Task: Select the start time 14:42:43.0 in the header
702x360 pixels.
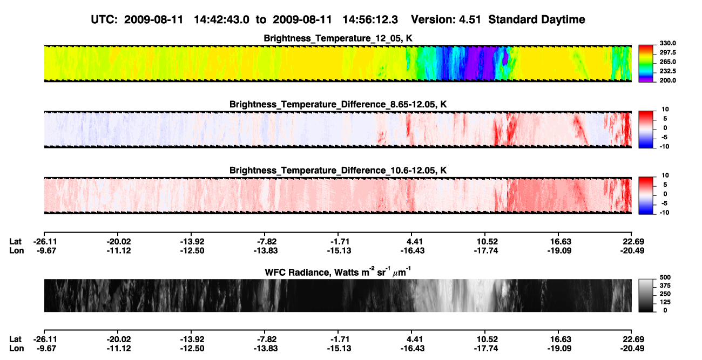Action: pyautogui.click(x=221, y=19)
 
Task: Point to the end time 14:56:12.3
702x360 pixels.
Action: pyautogui.click(x=370, y=19)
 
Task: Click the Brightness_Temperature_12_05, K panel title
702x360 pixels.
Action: pyautogui.click(x=338, y=38)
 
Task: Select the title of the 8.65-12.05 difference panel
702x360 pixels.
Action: pyautogui.click(x=338, y=104)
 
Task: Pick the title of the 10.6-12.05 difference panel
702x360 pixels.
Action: pyautogui.click(x=338, y=171)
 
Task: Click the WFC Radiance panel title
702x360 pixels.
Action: pyautogui.click(x=338, y=271)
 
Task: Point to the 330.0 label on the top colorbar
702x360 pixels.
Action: pyautogui.click(x=667, y=43)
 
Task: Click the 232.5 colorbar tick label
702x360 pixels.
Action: pyautogui.click(x=667, y=71)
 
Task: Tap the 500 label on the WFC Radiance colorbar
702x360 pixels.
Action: pyautogui.click(x=665, y=277)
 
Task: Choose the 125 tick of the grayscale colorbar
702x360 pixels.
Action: pyautogui.click(x=665, y=302)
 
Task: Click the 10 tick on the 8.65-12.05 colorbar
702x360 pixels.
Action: pyautogui.click(x=665, y=110)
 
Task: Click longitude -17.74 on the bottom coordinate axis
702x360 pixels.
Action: pyautogui.click(x=486, y=349)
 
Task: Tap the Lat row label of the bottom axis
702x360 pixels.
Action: pyautogui.click(x=15, y=339)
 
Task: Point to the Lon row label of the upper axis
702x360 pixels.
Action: pyautogui.click(x=16, y=250)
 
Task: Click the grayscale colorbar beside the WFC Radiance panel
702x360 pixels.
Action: pyautogui.click(x=646, y=295)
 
